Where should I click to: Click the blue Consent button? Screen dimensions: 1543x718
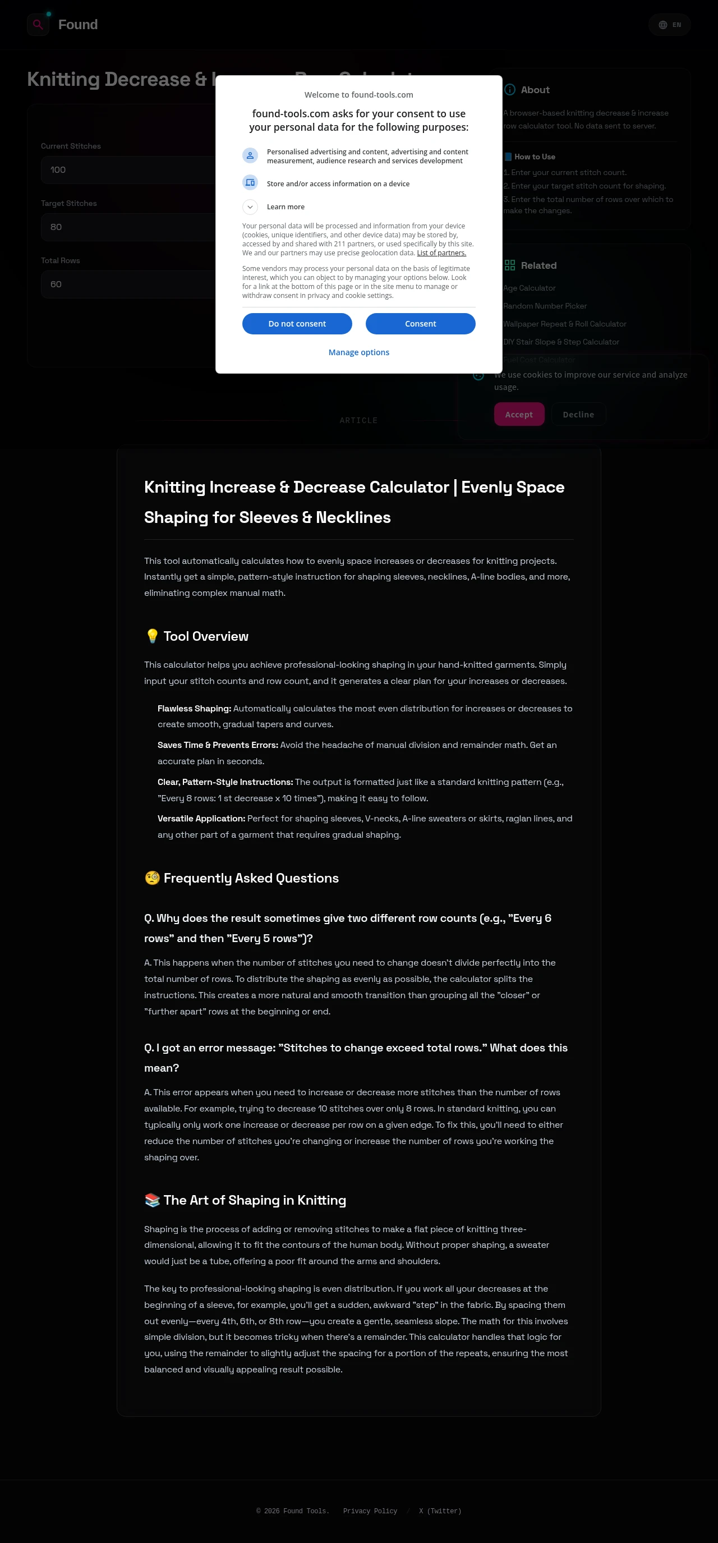coord(420,323)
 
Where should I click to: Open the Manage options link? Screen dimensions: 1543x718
coord(358,352)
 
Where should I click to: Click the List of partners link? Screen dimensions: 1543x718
coord(441,253)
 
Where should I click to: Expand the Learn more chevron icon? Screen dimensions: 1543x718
coord(250,206)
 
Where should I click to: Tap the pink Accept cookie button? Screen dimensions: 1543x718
coord(519,415)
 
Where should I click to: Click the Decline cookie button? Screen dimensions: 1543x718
coord(578,415)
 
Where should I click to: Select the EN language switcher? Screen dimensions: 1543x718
coord(670,25)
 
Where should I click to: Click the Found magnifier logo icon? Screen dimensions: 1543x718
coord(38,25)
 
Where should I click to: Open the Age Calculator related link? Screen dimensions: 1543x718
coord(530,288)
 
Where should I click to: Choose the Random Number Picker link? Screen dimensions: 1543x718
coord(545,306)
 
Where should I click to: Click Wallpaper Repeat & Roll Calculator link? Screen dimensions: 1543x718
coord(565,324)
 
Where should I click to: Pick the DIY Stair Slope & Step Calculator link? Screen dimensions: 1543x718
coord(561,342)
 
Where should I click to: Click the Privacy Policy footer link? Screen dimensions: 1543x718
coord(370,1511)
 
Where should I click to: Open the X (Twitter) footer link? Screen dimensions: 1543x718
coord(440,1511)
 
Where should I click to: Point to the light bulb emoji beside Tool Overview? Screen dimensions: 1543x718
coord(152,636)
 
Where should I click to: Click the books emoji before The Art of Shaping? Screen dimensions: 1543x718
coord(152,1200)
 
